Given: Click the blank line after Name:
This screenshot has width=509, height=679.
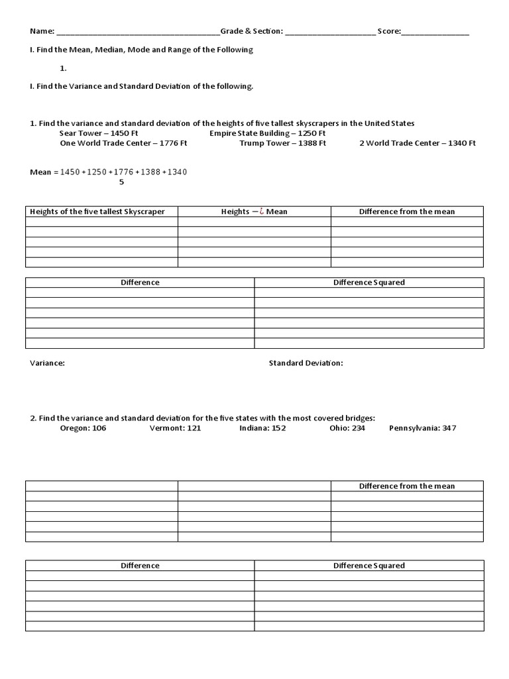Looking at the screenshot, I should (x=138, y=32).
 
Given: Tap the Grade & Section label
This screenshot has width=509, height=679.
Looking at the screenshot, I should (x=252, y=31).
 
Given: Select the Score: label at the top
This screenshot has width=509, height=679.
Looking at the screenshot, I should (x=389, y=31).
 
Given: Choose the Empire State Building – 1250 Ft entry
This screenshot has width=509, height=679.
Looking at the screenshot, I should (x=268, y=133).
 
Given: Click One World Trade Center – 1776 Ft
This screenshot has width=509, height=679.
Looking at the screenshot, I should (x=124, y=143).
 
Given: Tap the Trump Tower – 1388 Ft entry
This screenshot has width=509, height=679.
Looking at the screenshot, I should (x=283, y=143).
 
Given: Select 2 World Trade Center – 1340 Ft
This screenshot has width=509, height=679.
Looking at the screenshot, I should (x=418, y=143).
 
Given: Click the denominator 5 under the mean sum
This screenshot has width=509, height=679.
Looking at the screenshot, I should (x=121, y=182).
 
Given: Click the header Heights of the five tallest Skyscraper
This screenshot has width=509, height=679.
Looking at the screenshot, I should (x=96, y=212).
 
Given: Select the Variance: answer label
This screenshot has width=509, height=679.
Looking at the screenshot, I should (x=48, y=363).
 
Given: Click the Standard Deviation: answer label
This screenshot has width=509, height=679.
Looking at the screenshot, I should (x=306, y=363).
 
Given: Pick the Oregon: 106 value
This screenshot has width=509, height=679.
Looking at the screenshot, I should (x=83, y=428).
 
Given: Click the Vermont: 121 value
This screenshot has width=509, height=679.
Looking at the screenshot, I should (x=175, y=428).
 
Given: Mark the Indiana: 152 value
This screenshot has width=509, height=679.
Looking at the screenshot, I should (x=262, y=428).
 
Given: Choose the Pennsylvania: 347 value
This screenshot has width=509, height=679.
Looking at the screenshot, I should (x=422, y=428).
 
